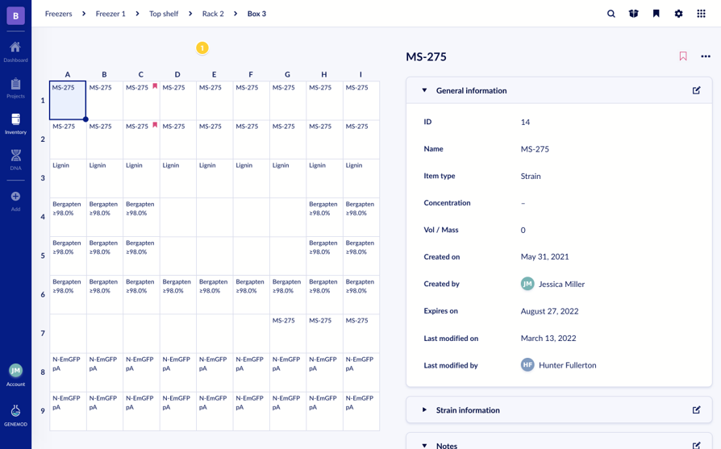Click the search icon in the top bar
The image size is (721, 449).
click(x=611, y=14)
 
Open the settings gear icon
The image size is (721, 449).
click(x=678, y=14)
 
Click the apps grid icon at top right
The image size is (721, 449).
click(x=701, y=14)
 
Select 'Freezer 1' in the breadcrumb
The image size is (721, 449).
click(x=110, y=14)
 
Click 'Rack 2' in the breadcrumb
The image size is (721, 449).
click(x=213, y=14)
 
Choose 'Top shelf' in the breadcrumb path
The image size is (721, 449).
click(x=164, y=14)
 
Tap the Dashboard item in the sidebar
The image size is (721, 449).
click(x=15, y=52)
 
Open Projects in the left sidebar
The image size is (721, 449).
click(x=15, y=88)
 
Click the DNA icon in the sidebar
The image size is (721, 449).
click(x=15, y=159)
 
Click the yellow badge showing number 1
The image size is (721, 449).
click(x=202, y=48)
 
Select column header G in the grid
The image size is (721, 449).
click(x=287, y=74)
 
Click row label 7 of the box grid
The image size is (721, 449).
click(x=43, y=333)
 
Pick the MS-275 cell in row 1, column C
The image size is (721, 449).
click(x=140, y=100)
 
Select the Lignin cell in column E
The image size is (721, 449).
click(x=214, y=177)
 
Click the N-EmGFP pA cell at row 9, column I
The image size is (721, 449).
click(x=360, y=410)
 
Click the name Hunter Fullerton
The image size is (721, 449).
click(x=567, y=365)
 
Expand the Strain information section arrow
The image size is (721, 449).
click(x=424, y=410)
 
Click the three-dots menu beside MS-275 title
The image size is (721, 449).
click(x=706, y=56)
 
